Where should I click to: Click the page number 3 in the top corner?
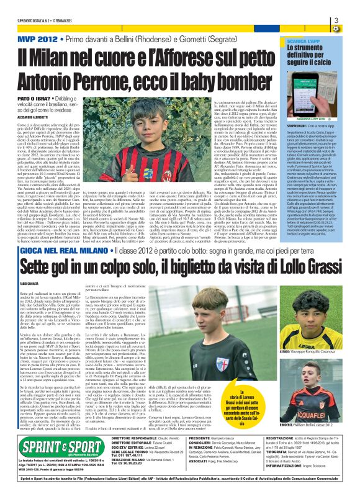352,19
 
